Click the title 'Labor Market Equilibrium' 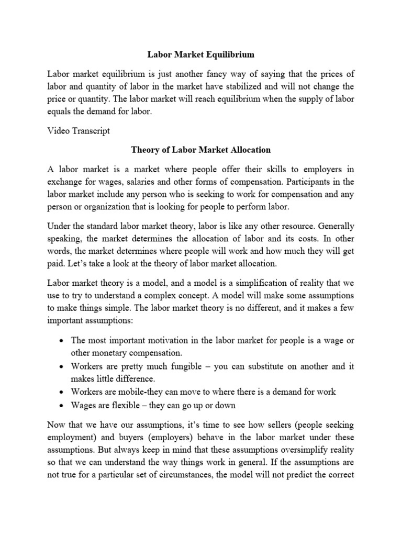point(200,54)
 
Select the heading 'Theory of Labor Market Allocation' point(200,150)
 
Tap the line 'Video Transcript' point(79,131)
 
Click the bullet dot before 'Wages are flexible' point(62,405)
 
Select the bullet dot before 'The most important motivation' point(62,341)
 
